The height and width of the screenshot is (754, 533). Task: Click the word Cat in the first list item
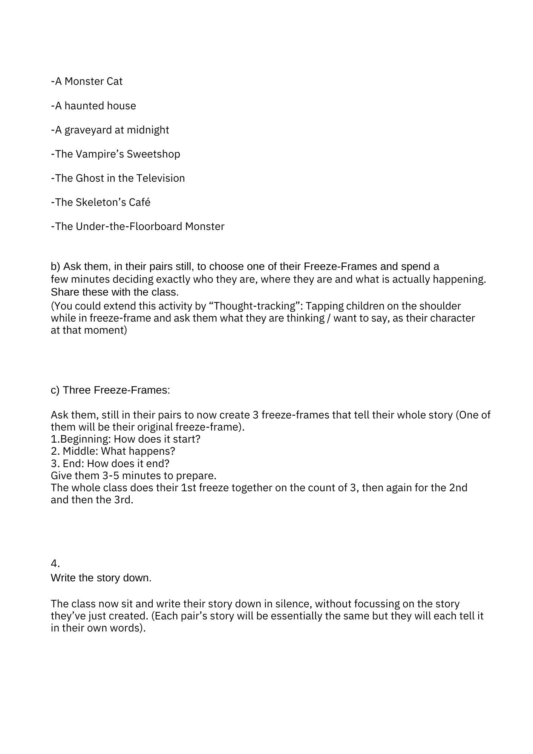coord(114,81)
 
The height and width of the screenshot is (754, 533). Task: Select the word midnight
coord(148,130)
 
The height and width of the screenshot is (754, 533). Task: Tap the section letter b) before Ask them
coord(55,267)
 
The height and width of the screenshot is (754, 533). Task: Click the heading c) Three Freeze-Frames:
coord(110,390)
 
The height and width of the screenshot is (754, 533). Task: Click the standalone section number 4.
coord(55,564)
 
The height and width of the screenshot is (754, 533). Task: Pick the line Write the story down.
coord(101,578)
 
